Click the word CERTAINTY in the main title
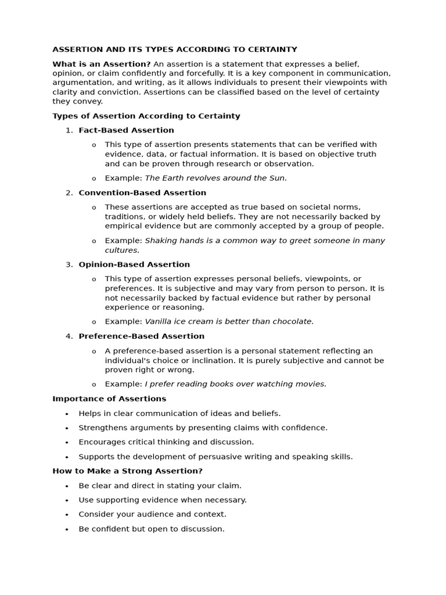[271, 49]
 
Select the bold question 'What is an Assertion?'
[102, 64]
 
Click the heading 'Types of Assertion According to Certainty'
[146, 116]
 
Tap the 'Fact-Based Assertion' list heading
[126, 130]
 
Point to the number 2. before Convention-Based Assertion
[69, 192]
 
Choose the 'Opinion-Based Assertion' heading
[134, 264]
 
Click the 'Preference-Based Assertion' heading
[141, 336]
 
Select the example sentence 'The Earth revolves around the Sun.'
[215, 178]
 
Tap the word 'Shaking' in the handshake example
[161, 241]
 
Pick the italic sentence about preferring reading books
[235, 383]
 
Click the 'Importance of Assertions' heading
[109, 399]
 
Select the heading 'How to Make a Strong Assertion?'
[127, 471]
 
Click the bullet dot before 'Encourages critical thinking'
[67, 443]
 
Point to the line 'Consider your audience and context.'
[152, 514]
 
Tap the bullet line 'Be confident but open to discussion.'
[151, 529]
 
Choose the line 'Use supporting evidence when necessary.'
[163, 500]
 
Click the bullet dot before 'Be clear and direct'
[67, 486]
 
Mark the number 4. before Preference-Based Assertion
[69, 336]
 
